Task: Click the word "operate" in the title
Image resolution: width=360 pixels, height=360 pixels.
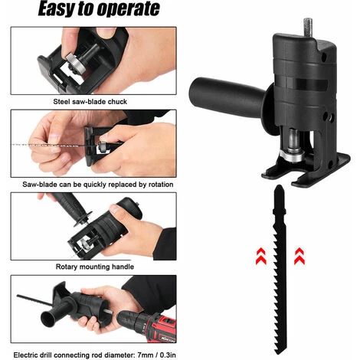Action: pos(129,9)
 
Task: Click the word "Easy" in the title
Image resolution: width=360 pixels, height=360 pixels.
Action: pos(57,9)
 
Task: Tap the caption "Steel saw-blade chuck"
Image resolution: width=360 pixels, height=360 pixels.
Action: pos(90,102)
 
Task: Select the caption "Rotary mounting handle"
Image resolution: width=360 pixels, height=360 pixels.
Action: pos(95,267)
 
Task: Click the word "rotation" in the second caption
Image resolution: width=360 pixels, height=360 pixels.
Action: pos(160,185)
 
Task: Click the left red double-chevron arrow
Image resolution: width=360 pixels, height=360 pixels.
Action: pos(261,256)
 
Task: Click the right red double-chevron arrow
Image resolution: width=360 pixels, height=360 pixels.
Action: pos(299,256)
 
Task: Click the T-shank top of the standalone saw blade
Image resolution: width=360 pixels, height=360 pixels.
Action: pos(279,199)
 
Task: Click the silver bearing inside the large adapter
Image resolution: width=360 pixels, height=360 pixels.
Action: pos(293,155)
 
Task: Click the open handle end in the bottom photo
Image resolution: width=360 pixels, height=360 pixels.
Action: pos(49,319)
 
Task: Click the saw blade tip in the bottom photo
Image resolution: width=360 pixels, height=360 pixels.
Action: pos(18,296)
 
